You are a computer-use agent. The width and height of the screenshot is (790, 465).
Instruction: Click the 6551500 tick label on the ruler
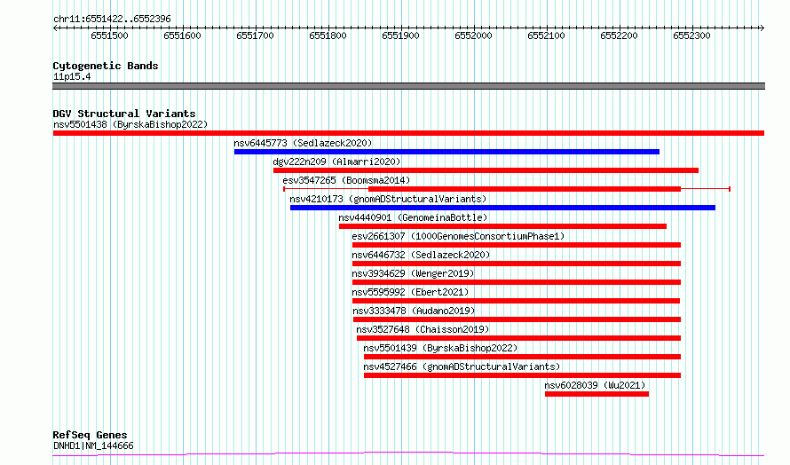(x=109, y=35)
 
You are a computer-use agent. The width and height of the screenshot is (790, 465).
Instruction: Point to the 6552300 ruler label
(x=691, y=35)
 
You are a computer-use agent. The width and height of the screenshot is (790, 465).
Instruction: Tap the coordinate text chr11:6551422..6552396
(x=112, y=20)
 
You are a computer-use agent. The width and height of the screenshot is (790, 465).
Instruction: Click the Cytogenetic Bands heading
(x=106, y=66)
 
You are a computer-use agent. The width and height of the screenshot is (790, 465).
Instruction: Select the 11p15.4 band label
(x=72, y=76)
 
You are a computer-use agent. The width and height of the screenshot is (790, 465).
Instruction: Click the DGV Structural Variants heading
(x=124, y=114)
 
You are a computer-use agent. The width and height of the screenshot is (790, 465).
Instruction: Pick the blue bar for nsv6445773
(x=446, y=152)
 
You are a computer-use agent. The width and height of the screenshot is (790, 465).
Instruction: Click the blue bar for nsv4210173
(x=502, y=208)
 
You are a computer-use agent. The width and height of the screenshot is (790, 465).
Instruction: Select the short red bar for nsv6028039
(x=596, y=394)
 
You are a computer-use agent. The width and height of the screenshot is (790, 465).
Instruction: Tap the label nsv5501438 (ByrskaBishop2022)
(x=130, y=124)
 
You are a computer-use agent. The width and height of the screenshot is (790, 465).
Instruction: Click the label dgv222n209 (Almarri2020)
(x=336, y=162)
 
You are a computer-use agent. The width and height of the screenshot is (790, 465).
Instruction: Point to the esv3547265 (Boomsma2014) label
(x=346, y=180)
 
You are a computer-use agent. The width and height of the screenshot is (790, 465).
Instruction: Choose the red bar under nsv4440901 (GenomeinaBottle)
(x=502, y=226)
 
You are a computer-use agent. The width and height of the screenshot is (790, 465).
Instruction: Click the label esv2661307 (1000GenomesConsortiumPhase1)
(x=458, y=236)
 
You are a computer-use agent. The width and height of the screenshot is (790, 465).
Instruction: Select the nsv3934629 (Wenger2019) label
(x=413, y=273)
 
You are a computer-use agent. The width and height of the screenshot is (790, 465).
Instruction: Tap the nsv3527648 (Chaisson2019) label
(x=423, y=329)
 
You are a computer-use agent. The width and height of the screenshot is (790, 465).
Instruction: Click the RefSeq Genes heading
(x=90, y=435)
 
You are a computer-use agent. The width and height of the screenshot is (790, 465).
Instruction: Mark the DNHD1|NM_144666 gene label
(x=93, y=445)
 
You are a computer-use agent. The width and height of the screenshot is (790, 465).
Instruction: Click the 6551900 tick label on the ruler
(x=400, y=35)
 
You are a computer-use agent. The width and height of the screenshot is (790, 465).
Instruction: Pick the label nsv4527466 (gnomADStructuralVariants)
(x=462, y=366)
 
